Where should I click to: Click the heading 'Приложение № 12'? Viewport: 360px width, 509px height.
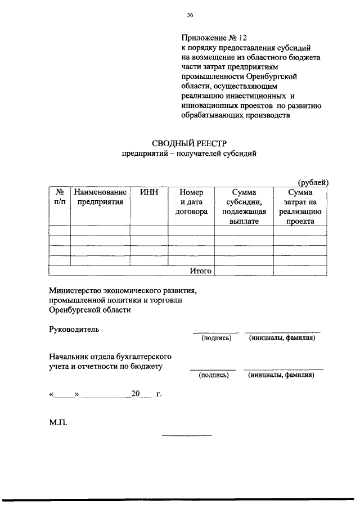click(214, 38)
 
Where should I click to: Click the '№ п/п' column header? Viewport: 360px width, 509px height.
click(60, 196)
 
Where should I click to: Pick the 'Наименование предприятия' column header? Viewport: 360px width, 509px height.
click(100, 196)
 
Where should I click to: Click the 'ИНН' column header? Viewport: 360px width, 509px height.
click(149, 192)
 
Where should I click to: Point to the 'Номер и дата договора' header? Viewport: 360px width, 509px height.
click(191, 201)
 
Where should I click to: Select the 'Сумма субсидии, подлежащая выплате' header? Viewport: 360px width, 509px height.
click(244, 206)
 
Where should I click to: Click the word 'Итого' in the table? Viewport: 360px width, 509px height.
click(200, 271)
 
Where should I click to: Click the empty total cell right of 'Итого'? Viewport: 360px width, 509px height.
click(244, 271)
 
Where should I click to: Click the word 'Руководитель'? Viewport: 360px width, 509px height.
click(74, 329)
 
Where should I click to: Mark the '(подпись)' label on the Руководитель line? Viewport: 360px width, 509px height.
click(217, 338)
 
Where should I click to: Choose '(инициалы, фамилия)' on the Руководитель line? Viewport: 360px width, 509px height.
click(282, 338)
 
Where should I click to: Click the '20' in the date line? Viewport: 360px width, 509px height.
click(135, 394)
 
